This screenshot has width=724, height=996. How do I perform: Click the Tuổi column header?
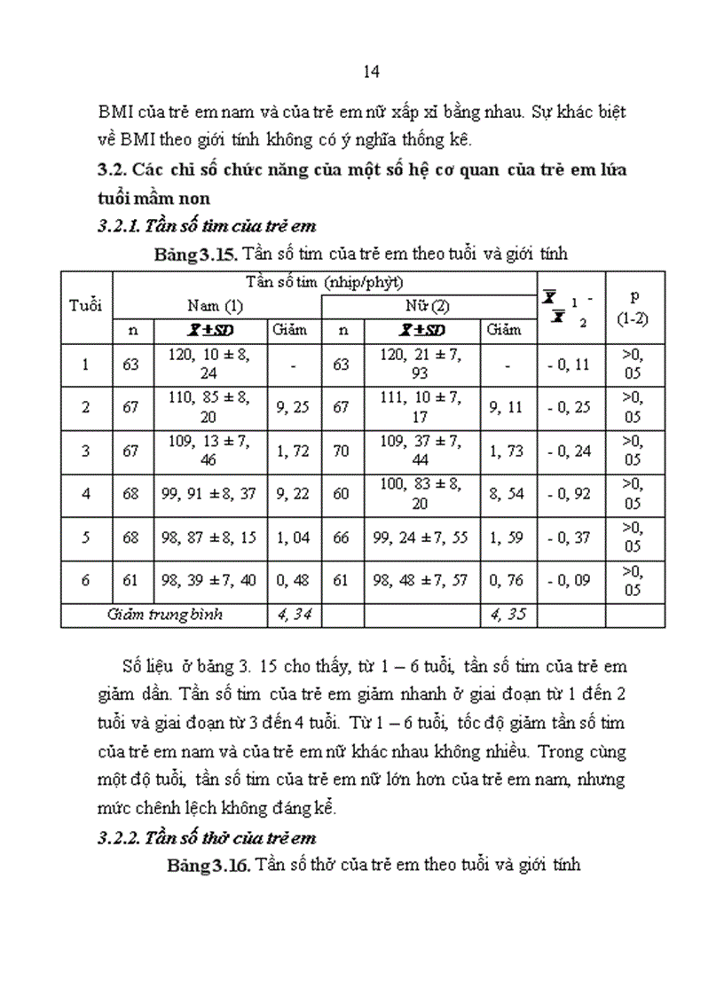click(x=85, y=305)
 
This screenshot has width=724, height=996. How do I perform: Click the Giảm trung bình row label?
click(x=164, y=614)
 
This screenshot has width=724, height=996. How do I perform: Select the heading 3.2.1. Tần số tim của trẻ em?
click(x=207, y=226)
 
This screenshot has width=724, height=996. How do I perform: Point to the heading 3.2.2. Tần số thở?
click(x=207, y=837)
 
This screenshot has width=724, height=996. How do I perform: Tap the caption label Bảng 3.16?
click(x=209, y=865)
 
